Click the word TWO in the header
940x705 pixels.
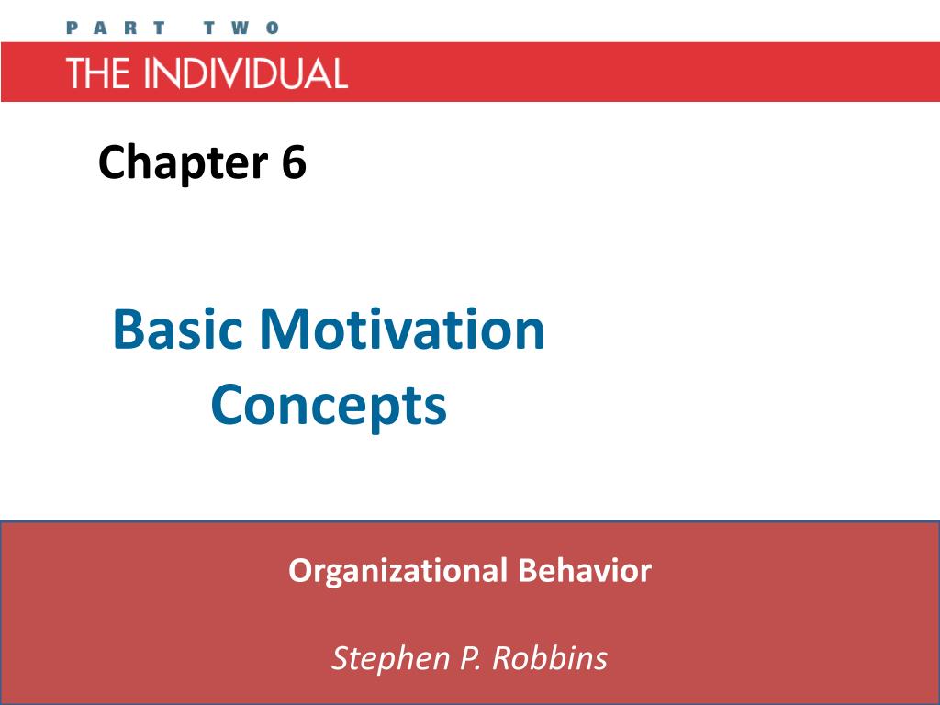pos(241,28)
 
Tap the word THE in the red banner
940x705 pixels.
pos(96,73)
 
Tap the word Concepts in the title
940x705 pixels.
pos(329,405)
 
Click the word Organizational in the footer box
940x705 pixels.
pos(397,571)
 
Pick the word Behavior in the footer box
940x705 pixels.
pos(584,570)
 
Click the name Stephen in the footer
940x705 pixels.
pos(383,658)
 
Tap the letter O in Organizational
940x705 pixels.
pos(298,570)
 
